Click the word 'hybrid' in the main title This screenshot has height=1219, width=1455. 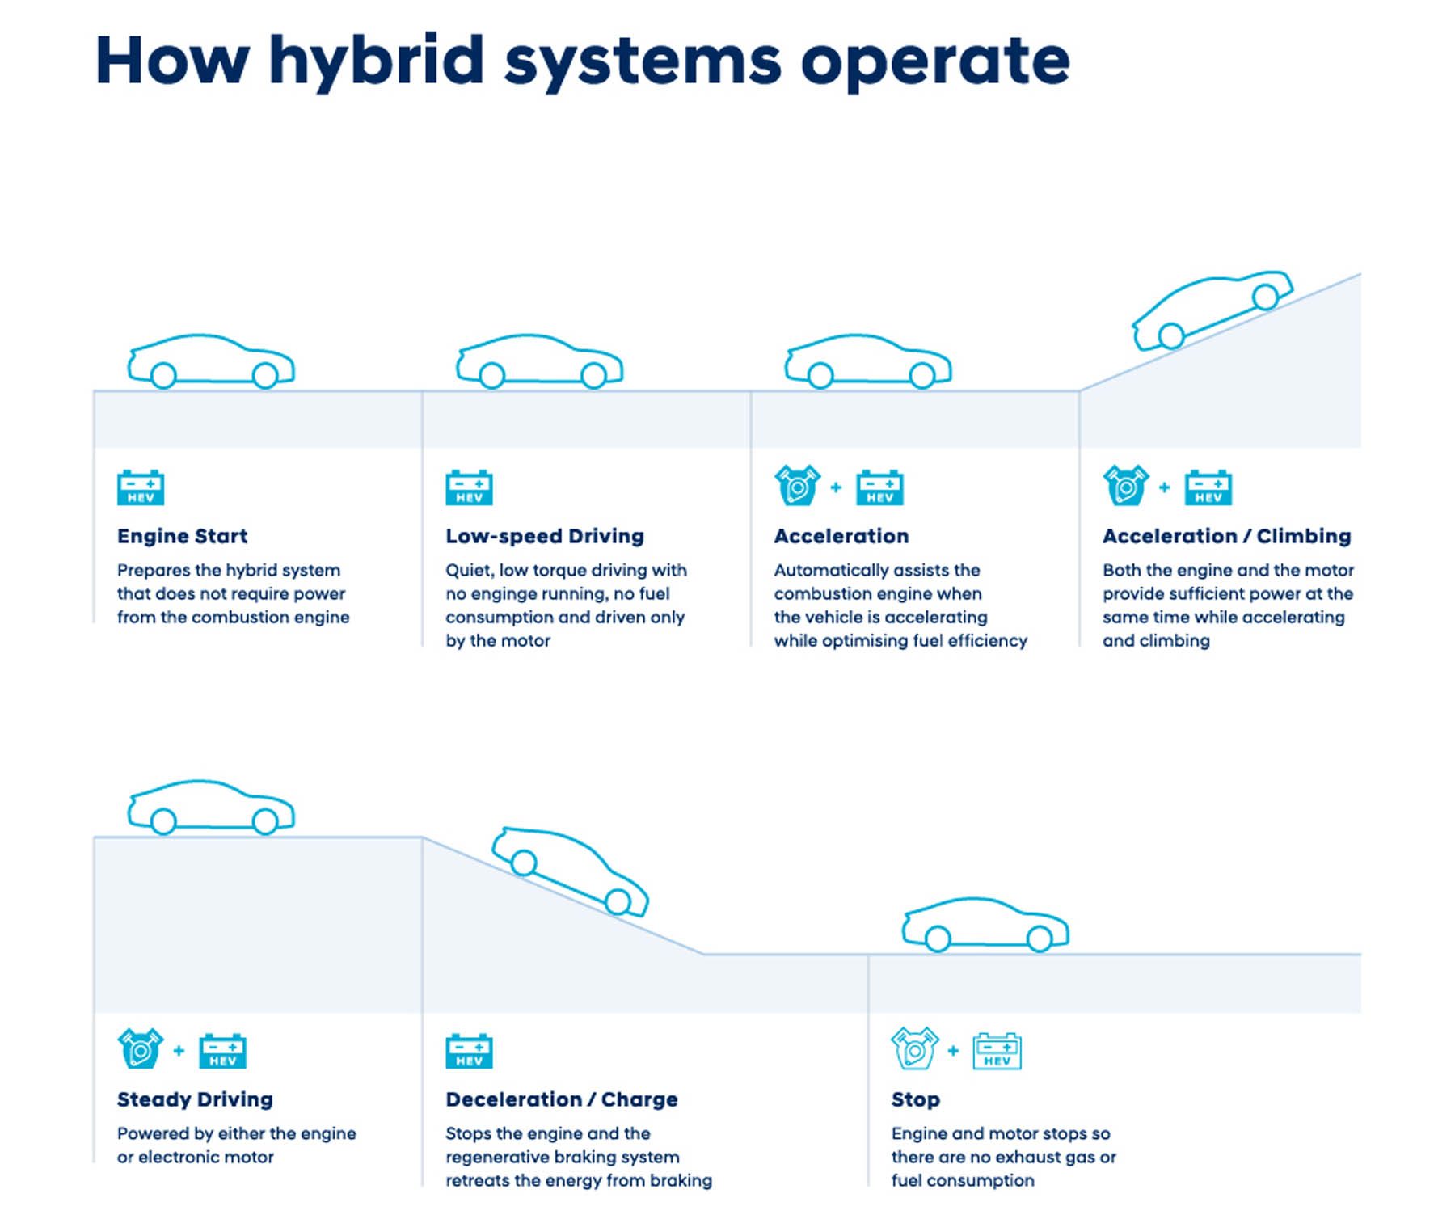point(377,63)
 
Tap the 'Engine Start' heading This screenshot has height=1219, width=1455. point(182,536)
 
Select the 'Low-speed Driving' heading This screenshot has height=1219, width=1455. point(544,536)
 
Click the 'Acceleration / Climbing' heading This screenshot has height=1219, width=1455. point(1226,536)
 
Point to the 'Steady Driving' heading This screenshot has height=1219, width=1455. point(195,1099)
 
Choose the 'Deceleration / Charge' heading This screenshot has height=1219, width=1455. point(561,1099)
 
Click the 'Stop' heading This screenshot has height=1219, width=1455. point(915,1099)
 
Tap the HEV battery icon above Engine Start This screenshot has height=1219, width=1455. point(141,487)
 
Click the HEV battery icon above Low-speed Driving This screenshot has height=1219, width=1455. point(469,487)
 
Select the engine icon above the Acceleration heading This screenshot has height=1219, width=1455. point(797,486)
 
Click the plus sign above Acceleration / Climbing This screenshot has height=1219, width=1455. point(1164,487)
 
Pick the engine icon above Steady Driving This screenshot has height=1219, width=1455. point(140,1049)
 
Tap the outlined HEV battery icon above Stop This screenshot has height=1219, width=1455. point(997,1051)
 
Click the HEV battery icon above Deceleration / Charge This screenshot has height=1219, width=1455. point(469,1051)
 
